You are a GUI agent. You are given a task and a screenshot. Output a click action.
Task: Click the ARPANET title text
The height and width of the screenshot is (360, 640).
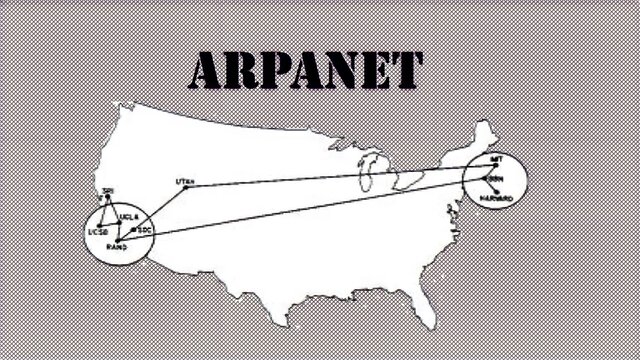[305, 69]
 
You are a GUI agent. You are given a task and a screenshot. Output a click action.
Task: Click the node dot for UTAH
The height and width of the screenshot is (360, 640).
[186, 187]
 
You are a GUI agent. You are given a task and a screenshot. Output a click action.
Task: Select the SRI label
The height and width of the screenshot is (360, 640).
[108, 190]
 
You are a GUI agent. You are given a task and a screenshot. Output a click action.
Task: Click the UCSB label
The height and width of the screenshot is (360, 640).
[98, 233]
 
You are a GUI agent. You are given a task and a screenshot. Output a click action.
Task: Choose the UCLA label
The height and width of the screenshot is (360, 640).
[128, 216]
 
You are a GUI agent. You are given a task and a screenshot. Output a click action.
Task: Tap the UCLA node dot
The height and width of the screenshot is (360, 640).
[120, 222]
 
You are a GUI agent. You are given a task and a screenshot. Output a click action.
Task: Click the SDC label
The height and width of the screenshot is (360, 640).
[143, 230]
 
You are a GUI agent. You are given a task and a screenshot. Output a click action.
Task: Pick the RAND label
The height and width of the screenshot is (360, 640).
[116, 245]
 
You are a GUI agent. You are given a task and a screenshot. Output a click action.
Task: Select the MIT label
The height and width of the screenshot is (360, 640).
[496, 158]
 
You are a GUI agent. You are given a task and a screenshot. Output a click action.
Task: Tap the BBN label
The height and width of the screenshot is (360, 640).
[496, 179]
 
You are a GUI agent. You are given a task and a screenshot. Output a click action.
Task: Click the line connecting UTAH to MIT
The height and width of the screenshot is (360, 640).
[340, 176]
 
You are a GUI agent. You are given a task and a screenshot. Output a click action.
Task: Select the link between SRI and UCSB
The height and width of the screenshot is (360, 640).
[103, 212]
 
